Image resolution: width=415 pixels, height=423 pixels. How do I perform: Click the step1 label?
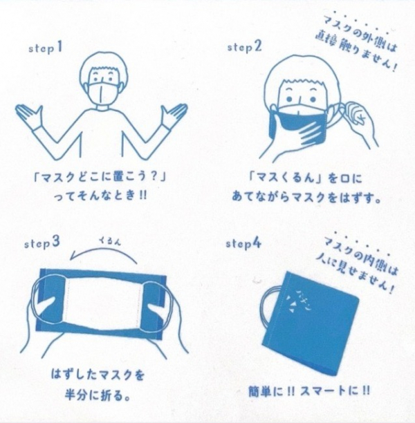pos(46,48)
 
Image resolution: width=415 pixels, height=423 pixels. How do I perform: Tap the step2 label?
pos(245,47)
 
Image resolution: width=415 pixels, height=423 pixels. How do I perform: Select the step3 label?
pos(42,243)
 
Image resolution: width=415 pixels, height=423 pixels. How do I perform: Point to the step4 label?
pos(243,243)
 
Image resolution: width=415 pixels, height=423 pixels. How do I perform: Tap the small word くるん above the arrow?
pos(109,241)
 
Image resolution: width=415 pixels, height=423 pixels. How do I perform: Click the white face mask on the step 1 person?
pos(103,93)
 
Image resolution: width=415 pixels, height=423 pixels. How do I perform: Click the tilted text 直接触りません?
pos(356,51)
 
